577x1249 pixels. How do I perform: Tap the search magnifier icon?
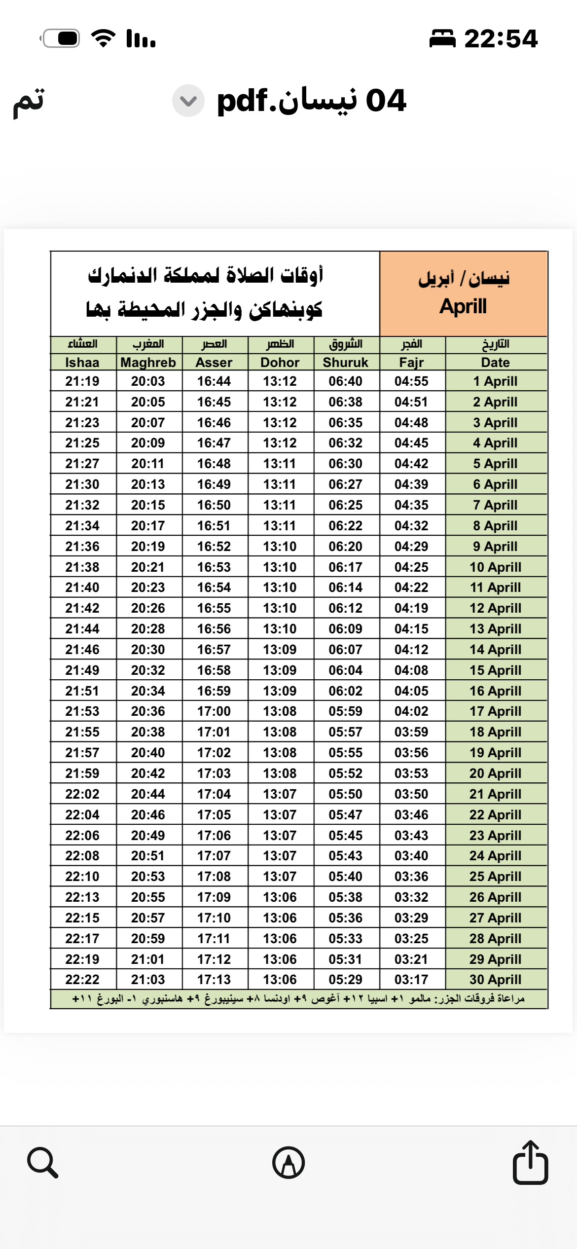[x=42, y=1163]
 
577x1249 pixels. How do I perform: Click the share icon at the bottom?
[x=530, y=1162]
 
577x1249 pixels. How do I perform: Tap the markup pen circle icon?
[x=288, y=1163]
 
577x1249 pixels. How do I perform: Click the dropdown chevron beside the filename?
[x=188, y=101]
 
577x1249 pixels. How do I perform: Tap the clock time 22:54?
[x=501, y=38]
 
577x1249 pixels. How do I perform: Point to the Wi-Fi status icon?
[x=103, y=38]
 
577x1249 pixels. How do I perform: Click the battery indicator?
[x=61, y=38]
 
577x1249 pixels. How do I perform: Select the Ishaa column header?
[x=82, y=363]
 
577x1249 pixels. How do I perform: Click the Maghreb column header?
[x=148, y=363]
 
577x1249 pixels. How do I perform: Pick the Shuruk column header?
[x=345, y=363]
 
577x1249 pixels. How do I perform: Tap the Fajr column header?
[x=411, y=363]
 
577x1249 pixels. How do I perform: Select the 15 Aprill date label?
[x=495, y=670]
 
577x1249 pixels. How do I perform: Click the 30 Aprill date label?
[x=495, y=980]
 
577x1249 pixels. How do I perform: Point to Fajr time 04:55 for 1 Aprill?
[x=411, y=381]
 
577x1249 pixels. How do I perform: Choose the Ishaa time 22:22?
[x=82, y=980]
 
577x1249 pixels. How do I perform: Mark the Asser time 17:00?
[x=214, y=711]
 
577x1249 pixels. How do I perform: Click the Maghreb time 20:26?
[x=148, y=608]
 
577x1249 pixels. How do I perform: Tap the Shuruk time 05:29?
[x=345, y=980]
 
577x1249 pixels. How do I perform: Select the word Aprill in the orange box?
[x=463, y=306]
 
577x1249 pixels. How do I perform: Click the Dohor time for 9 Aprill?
[x=280, y=547]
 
